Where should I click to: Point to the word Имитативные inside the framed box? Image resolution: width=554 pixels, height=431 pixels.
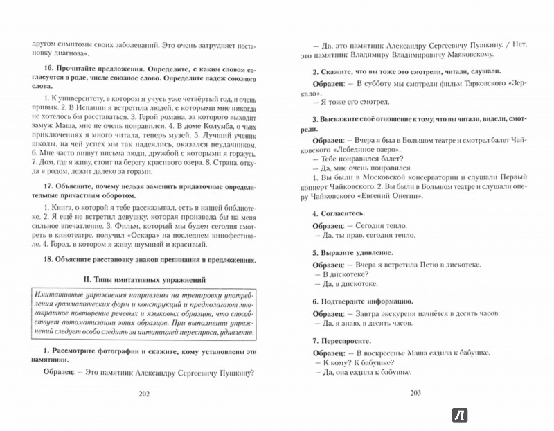click(x=71, y=297)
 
